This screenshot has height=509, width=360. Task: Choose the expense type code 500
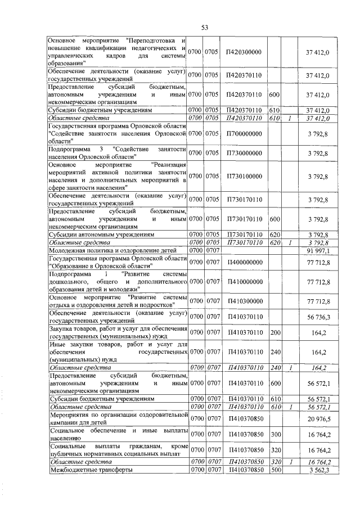coord(275,469)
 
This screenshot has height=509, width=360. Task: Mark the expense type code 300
coord(275,435)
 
